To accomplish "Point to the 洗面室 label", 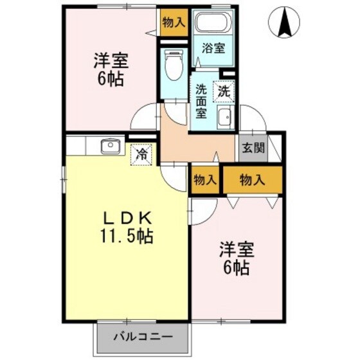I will (x=201, y=102).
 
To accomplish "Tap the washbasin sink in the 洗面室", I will (x=224, y=118).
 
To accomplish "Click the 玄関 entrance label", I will (x=253, y=147).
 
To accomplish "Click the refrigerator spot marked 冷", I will (x=143, y=155).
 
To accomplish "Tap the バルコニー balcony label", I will (x=144, y=336).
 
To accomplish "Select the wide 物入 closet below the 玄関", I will (x=253, y=181).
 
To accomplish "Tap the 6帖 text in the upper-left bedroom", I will (x=111, y=80).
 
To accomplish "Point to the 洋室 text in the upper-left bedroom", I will (x=111, y=62).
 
